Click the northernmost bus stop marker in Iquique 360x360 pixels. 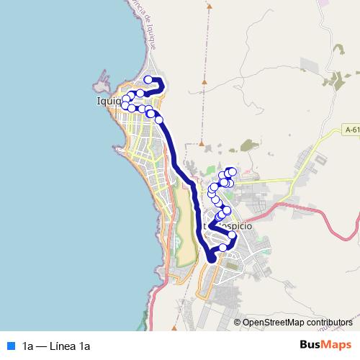(149, 80)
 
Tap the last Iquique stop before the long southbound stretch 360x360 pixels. (159, 120)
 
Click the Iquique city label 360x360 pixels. (109, 102)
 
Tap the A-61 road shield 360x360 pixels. (351, 130)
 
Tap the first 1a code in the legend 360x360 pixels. (28, 346)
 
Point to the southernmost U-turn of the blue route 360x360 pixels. (211, 257)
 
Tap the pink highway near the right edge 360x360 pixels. (338, 223)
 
